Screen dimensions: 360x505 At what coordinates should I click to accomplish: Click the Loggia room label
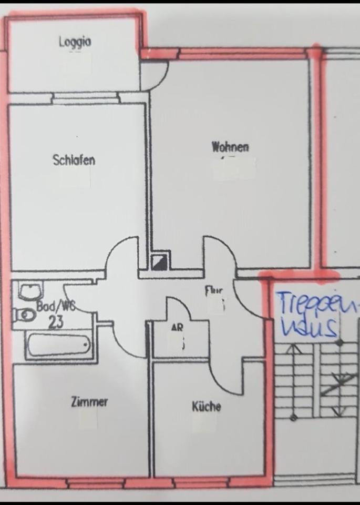point(75,42)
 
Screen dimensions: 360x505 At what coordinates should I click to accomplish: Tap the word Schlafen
point(74,159)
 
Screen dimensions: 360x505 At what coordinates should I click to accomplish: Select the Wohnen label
point(230,147)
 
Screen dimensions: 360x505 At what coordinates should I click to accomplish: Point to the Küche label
point(206,407)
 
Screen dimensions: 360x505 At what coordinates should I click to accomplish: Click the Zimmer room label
point(89,402)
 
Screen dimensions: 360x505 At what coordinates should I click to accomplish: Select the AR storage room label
point(177,327)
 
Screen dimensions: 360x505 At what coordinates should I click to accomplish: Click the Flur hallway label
point(213,290)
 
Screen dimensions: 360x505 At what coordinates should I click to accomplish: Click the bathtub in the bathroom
point(58,345)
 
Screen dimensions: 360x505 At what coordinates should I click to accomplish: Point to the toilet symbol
point(24,315)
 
